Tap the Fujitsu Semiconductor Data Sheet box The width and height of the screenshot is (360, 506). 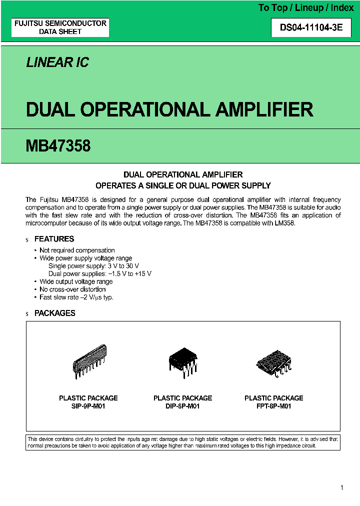coord(60,27)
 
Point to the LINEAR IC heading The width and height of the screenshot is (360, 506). coord(57,62)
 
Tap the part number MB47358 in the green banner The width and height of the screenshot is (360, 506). coord(58,146)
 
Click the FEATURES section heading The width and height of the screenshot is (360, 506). coord(54,239)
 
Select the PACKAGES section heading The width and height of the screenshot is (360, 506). coord(54,313)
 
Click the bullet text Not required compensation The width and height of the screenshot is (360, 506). coord(77,250)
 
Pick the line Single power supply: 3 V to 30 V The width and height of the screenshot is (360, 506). coord(93,266)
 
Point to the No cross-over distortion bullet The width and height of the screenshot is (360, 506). coord(72,289)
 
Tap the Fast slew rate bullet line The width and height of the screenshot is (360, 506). coord(76,297)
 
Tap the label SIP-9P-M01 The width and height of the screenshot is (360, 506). coord(88,406)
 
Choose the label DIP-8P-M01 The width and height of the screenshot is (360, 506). coord(182,406)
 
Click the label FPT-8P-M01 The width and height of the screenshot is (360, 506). coord(273,406)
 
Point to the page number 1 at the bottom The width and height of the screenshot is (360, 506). coord(341,488)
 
